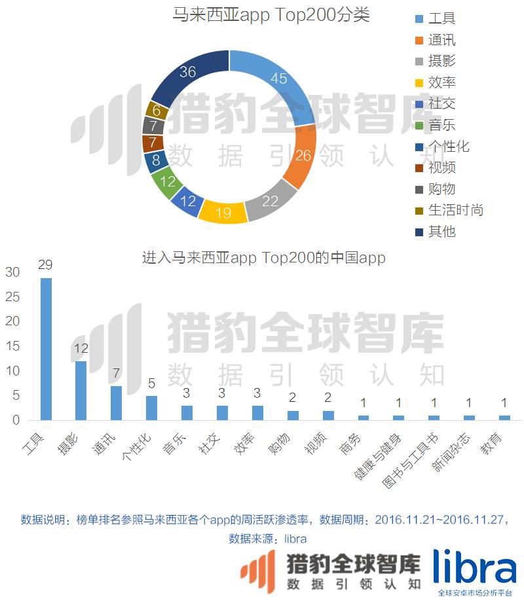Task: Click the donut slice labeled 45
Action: point(278,80)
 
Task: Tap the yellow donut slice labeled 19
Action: point(223,211)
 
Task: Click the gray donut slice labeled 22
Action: point(270,200)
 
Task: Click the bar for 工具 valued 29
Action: point(46,349)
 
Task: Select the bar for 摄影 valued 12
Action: point(81,391)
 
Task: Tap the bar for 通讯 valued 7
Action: point(116,403)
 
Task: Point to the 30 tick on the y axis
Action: point(12,272)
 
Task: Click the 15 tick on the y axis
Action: point(12,346)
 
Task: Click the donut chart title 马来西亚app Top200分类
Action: point(271,14)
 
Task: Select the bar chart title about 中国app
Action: point(263,257)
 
